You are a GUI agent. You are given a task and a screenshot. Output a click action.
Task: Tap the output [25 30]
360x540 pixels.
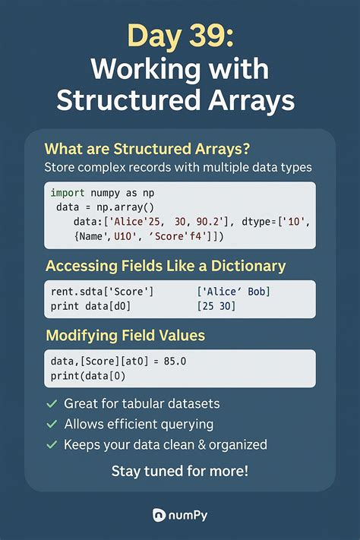coord(216,306)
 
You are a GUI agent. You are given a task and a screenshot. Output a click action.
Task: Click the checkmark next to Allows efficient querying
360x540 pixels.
coord(52,425)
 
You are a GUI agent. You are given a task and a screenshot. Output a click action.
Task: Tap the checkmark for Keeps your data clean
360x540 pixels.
coord(52,444)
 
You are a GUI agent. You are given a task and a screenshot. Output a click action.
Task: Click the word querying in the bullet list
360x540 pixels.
coord(187,425)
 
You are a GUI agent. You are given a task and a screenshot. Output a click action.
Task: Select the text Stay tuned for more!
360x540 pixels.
coord(179,471)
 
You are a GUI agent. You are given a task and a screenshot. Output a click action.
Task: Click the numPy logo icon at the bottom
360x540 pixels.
coord(160,514)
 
